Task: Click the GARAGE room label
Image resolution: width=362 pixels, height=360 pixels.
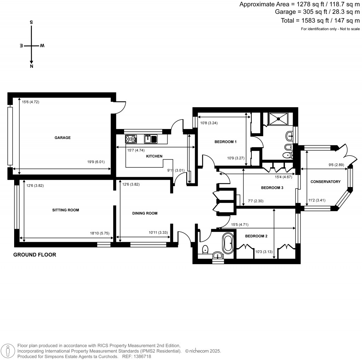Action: (x=62, y=138)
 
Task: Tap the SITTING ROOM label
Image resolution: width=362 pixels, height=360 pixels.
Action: (x=65, y=210)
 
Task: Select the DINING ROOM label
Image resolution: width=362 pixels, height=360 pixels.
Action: (x=145, y=214)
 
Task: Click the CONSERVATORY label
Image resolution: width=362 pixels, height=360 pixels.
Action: (x=325, y=182)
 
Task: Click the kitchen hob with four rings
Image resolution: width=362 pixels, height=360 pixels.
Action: (x=131, y=139)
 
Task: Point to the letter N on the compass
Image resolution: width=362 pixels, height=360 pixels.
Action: (x=31, y=66)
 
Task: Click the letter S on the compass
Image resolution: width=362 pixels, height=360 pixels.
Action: (x=31, y=22)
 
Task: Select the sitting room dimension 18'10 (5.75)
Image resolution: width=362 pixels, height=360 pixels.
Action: (x=100, y=233)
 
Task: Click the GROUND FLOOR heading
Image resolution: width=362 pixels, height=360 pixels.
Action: (x=35, y=255)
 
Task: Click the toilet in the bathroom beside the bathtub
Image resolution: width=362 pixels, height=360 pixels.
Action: (x=205, y=250)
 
